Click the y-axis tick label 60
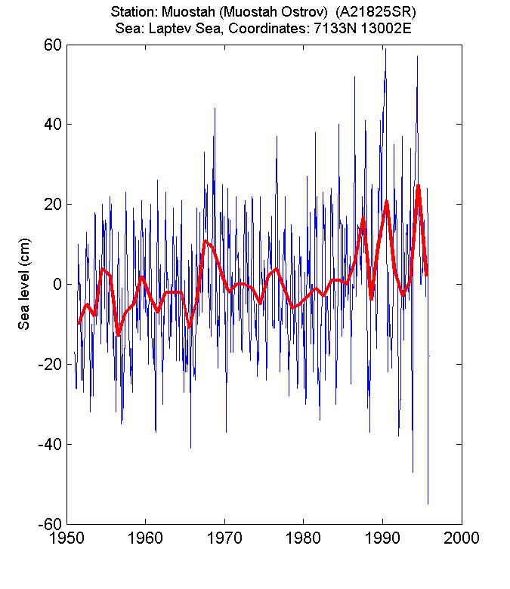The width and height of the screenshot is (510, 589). coord(51,45)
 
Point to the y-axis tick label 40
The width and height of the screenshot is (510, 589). coord(51,125)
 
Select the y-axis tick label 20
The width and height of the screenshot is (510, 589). coord(51,205)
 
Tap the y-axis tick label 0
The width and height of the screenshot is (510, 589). coord(55,285)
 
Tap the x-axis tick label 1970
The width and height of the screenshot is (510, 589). coord(224,538)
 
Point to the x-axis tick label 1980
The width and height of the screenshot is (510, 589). coord(304,538)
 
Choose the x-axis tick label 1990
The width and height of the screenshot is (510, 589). coord(382,538)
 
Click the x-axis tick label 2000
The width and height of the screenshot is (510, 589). coord(462,538)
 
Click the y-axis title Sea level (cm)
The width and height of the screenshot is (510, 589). coord(24,285)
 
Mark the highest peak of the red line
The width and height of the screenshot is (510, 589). coord(418,185)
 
